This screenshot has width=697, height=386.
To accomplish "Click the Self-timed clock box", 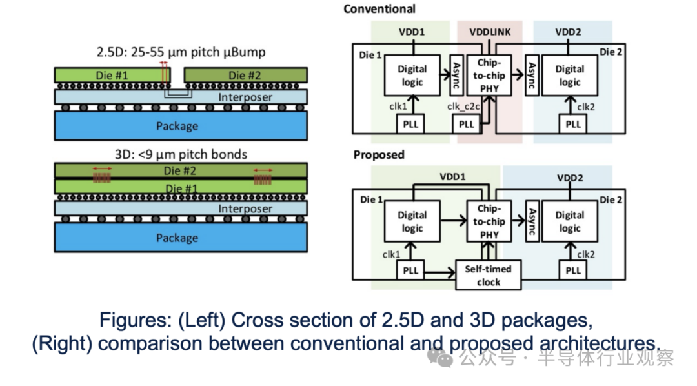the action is click(489, 275).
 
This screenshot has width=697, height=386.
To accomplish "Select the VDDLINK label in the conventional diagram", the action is click(490, 32).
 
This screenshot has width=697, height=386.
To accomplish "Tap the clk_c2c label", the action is click(463, 107).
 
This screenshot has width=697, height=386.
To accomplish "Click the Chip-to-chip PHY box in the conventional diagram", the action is click(489, 75).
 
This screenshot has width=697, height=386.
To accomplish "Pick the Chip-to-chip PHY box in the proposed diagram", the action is click(489, 221).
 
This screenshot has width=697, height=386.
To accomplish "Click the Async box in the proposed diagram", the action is click(532, 221).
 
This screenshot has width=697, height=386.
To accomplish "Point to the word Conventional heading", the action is click(379, 9).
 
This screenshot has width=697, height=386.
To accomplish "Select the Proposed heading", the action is click(379, 155).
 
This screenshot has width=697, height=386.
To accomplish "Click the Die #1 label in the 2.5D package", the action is click(112, 75).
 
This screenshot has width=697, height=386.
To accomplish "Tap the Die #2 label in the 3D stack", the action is click(179, 171).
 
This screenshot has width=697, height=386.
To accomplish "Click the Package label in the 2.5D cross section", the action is click(177, 127).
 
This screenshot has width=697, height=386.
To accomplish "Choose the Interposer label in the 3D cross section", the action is click(245, 208).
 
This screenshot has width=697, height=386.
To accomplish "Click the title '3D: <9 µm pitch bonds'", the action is click(181, 154).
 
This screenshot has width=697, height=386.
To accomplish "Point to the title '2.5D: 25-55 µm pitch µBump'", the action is click(181, 52).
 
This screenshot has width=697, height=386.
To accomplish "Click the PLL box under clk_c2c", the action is click(467, 124).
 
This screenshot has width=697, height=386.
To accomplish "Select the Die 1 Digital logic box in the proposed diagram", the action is click(412, 221).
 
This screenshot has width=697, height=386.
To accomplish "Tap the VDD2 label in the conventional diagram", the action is click(568, 32).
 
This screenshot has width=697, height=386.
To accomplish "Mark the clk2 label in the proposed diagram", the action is click(586, 254).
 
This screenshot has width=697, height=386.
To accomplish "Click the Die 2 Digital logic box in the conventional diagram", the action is click(569, 75).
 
